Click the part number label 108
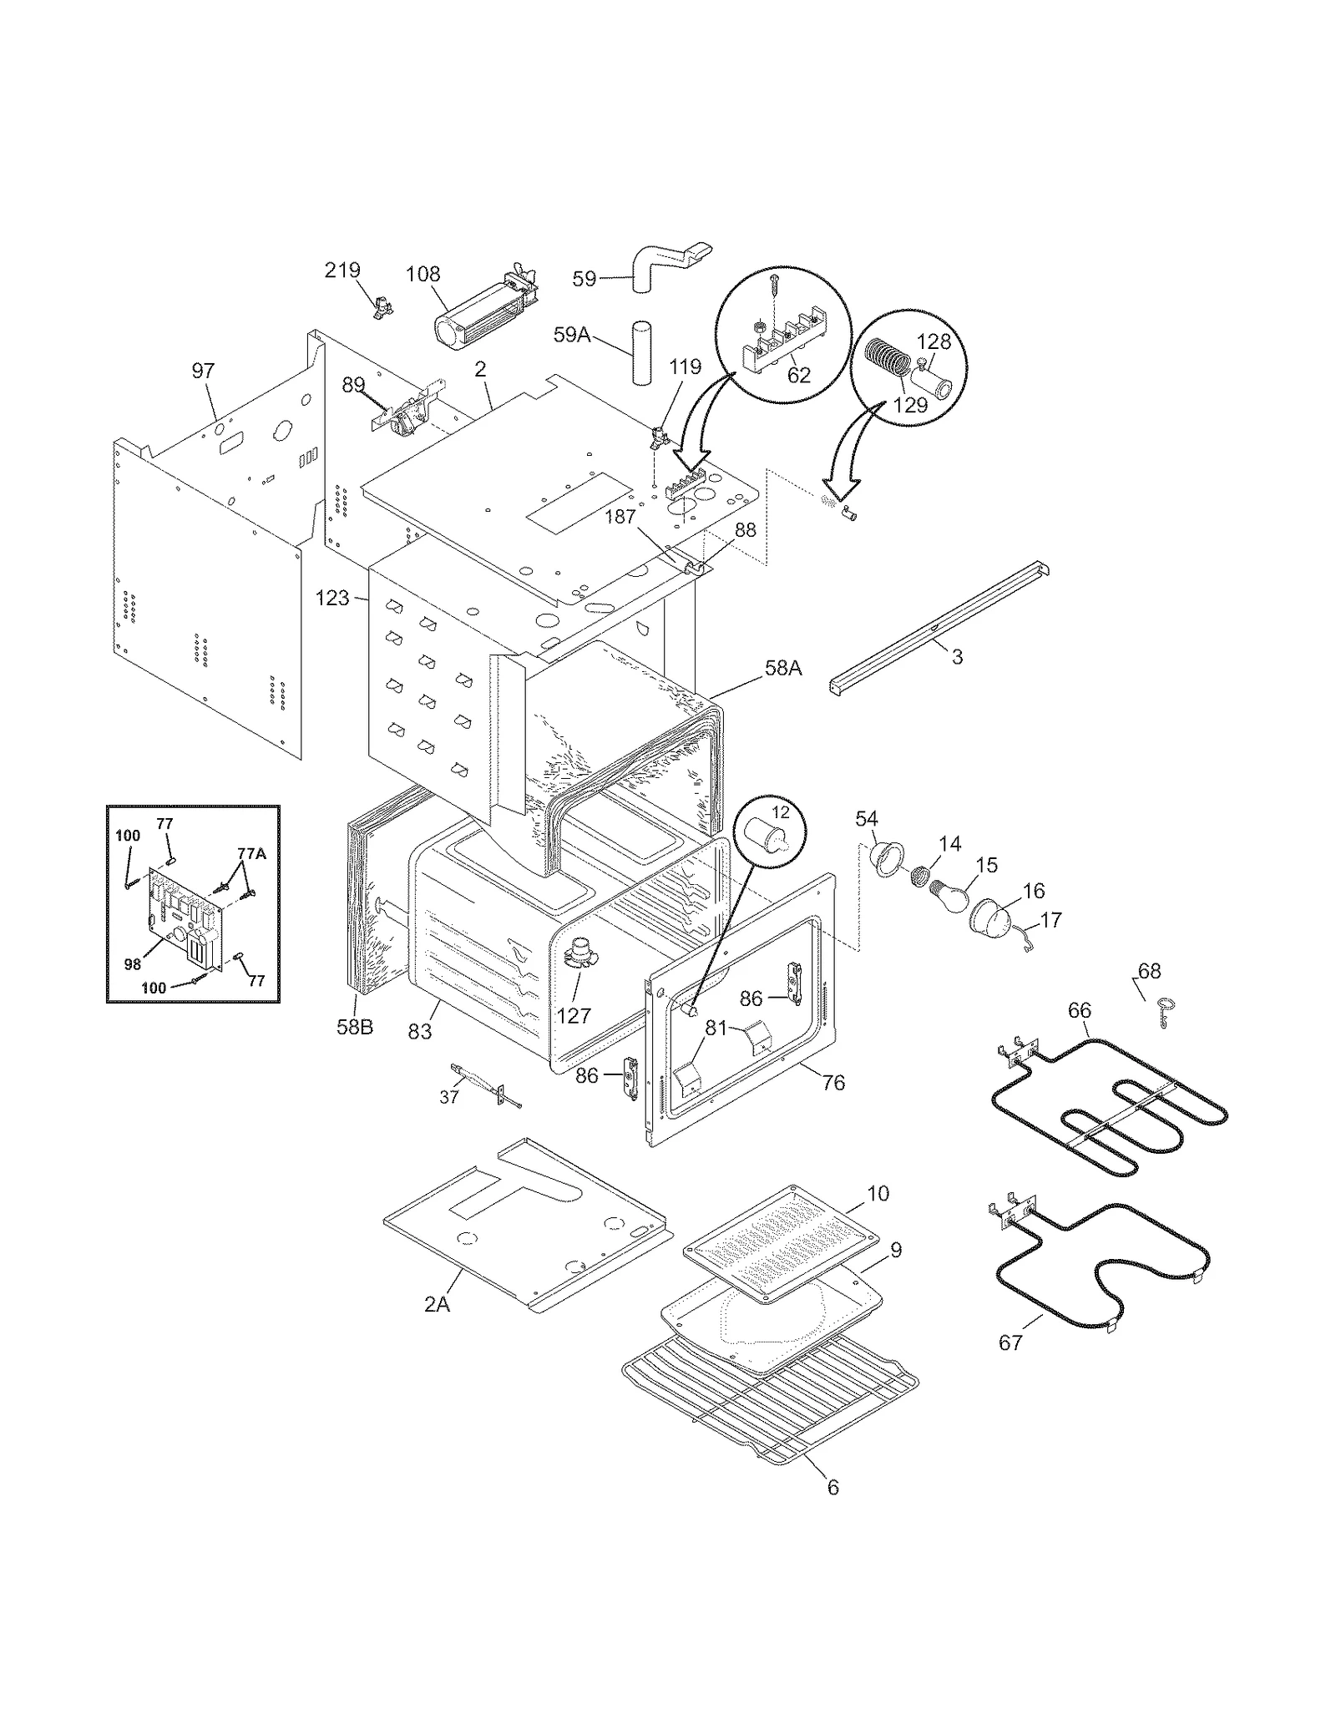tap(423, 274)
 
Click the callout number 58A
tap(782, 667)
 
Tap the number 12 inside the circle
tap(779, 812)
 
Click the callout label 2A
tap(436, 1304)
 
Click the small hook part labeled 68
tap(1164, 1012)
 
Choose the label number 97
tap(203, 370)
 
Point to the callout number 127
tap(574, 1015)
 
